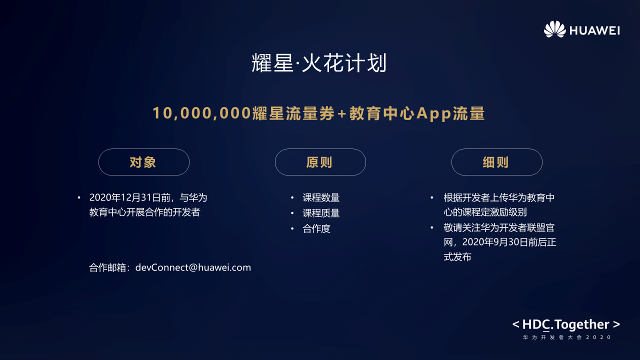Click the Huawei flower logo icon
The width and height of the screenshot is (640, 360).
554,29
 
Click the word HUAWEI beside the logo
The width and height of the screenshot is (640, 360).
594,30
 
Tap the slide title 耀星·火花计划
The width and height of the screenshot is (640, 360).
319,63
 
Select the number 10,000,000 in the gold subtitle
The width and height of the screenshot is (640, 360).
201,113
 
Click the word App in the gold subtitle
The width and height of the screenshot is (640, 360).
433,113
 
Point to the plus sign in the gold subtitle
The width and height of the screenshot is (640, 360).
341,113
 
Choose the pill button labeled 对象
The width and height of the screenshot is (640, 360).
144,162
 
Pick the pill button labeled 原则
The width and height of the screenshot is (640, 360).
320,162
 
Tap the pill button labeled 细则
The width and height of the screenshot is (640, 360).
497,162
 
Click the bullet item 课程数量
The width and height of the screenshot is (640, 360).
321,197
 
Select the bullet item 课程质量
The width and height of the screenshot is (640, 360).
321,213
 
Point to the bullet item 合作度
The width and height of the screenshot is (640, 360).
316,228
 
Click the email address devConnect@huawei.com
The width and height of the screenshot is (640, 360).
193,267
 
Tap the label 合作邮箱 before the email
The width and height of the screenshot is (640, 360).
107,267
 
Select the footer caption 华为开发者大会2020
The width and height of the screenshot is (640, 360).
567,337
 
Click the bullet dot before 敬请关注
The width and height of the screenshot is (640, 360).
432,227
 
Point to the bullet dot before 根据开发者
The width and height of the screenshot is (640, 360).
432,197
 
